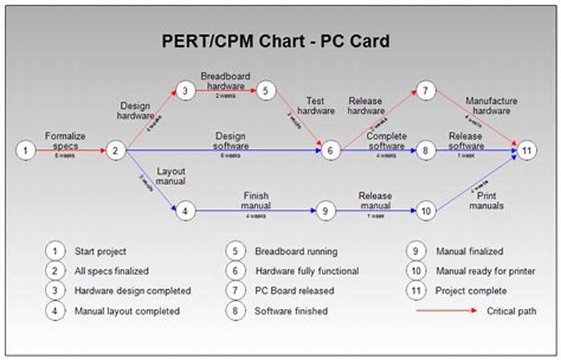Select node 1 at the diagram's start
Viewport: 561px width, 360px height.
coord(25,150)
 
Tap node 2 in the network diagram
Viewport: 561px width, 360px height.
coord(116,150)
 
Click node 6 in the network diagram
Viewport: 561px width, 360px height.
coord(331,150)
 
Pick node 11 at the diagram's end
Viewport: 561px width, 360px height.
coord(527,150)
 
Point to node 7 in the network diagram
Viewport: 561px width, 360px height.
coord(426,91)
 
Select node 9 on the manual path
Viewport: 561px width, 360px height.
coord(323,211)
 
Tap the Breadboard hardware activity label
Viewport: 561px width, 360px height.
coord(225,81)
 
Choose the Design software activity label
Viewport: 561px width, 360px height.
coord(231,141)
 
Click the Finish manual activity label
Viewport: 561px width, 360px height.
coord(256,201)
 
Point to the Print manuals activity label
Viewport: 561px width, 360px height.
coord(487,201)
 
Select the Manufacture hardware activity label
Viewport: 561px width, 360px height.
coord(491,105)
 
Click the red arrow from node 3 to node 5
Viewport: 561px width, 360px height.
coord(225,91)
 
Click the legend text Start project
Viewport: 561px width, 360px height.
coord(100,251)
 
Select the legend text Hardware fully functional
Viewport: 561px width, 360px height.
coord(306,271)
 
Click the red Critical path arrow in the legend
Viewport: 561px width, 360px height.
coord(446,310)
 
